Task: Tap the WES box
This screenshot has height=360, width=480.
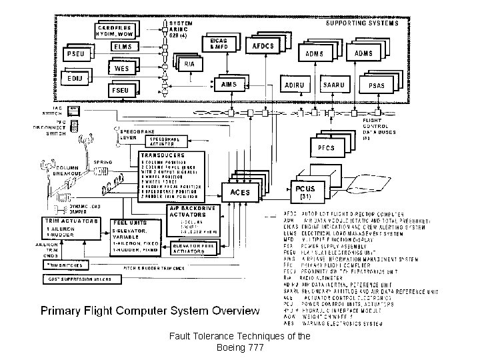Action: (x=122, y=68)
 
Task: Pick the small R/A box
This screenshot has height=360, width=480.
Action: (x=189, y=65)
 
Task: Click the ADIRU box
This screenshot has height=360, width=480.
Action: (x=293, y=86)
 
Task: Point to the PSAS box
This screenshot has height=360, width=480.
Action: (x=376, y=86)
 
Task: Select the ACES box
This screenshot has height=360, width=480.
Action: (x=239, y=192)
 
